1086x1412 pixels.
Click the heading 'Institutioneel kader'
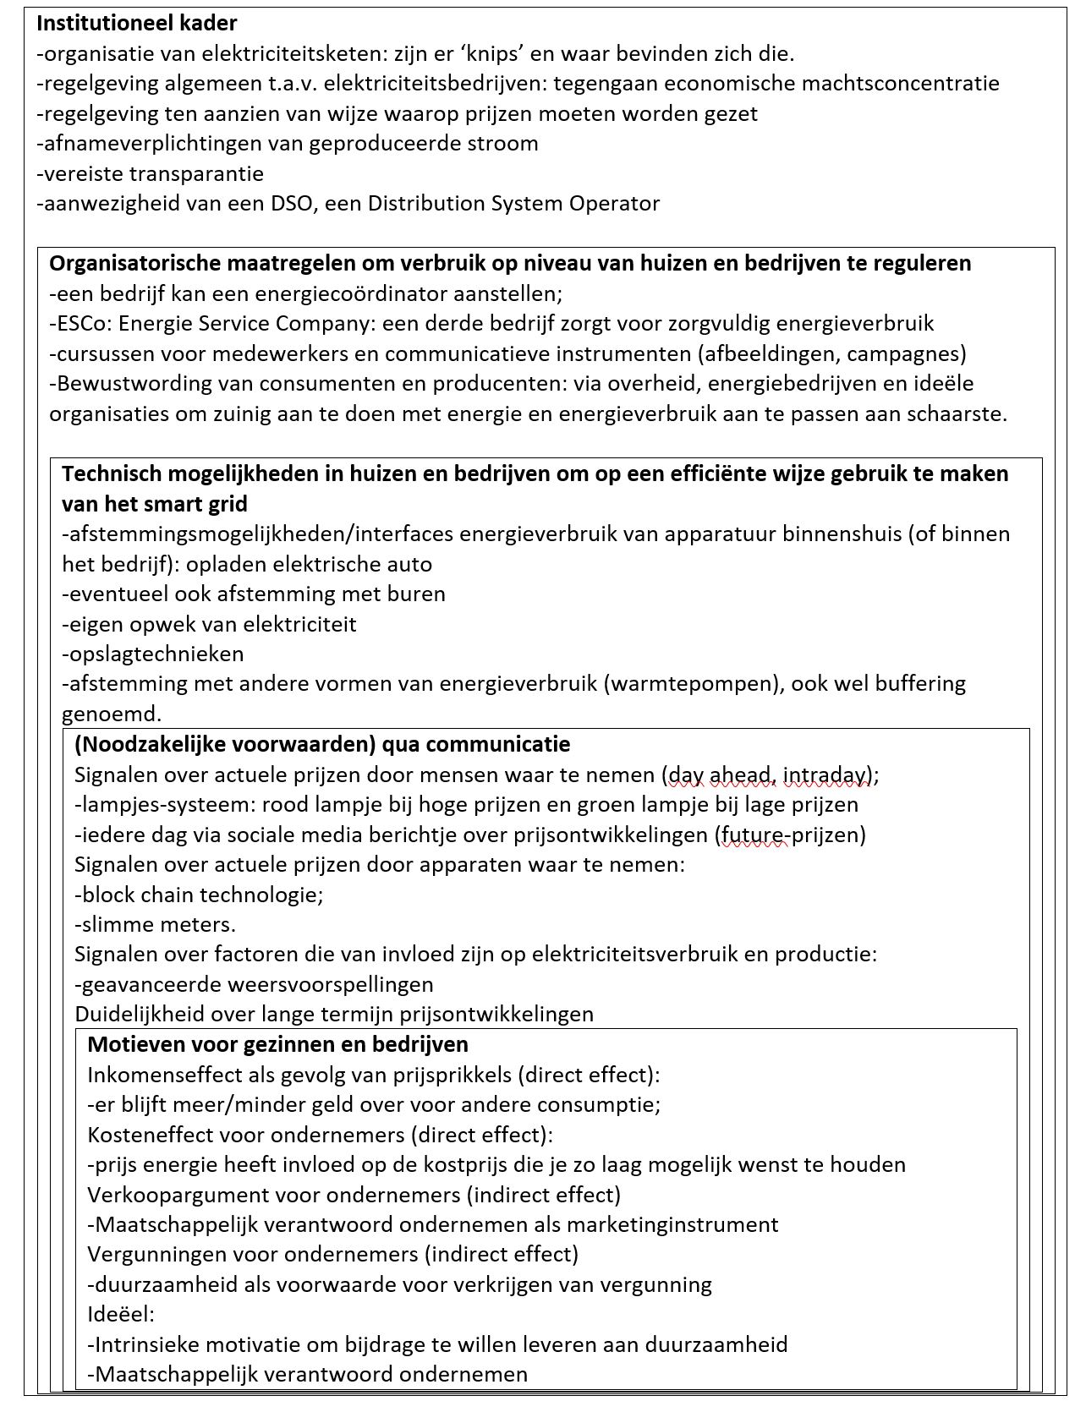tap(137, 24)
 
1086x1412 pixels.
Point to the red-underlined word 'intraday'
tap(825, 775)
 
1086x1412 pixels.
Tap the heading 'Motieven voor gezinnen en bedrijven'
tap(277, 1045)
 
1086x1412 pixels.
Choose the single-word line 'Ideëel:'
tap(121, 1315)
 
